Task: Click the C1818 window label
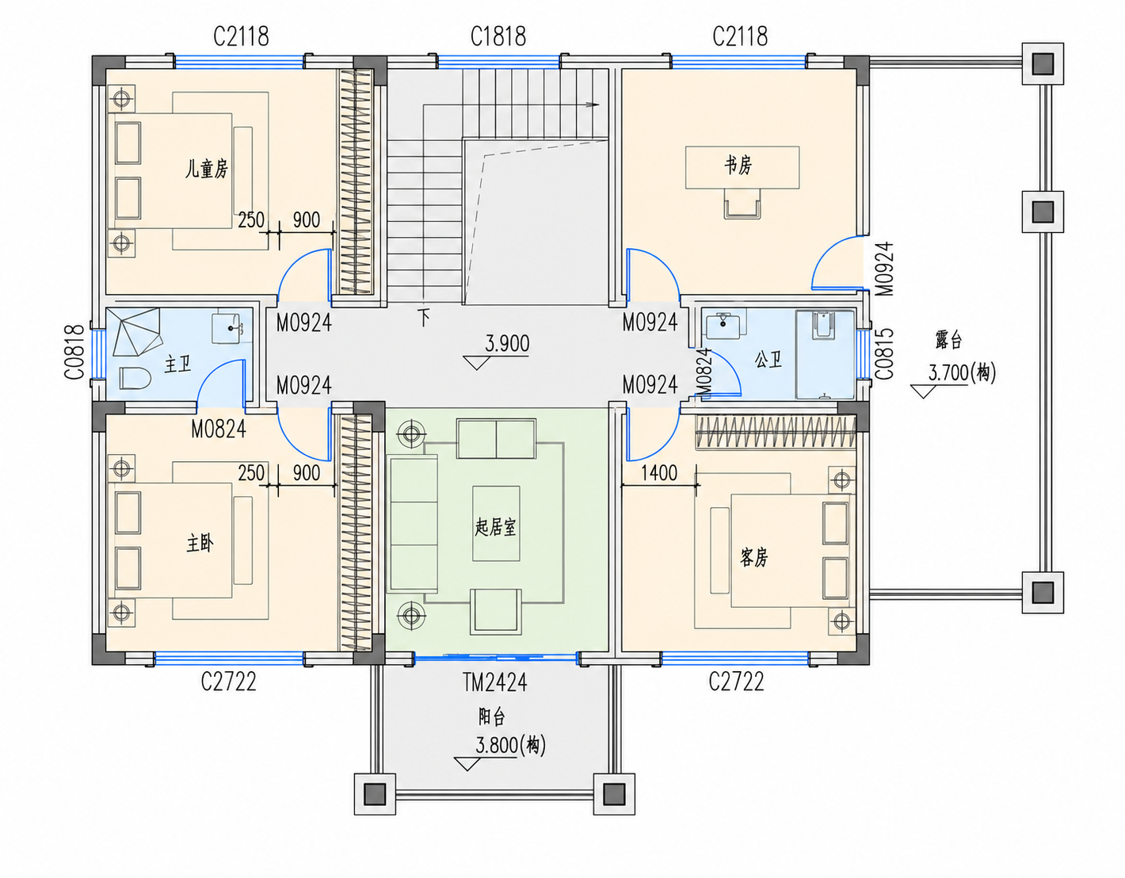pyautogui.click(x=498, y=36)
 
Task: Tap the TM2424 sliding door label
pyautogui.click(x=495, y=682)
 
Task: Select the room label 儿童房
pyautogui.click(x=207, y=169)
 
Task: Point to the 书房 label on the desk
pyautogui.click(x=738, y=166)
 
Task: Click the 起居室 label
pyautogui.click(x=495, y=528)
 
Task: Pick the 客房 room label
pyautogui.click(x=753, y=558)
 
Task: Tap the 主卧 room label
pyautogui.click(x=200, y=544)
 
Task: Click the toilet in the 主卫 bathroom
pyautogui.click(x=135, y=378)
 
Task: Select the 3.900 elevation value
pyautogui.click(x=507, y=343)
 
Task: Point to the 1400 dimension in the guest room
pyautogui.click(x=659, y=472)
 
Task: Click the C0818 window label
pyautogui.click(x=75, y=352)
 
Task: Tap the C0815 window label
pyautogui.click(x=885, y=354)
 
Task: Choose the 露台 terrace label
pyautogui.click(x=948, y=341)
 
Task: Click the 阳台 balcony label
pyautogui.click(x=491, y=717)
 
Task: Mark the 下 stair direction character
pyautogui.click(x=424, y=317)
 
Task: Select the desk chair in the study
pyautogui.click(x=742, y=204)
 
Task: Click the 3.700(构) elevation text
pyautogui.click(x=962, y=372)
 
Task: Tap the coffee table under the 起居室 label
pyautogui.click(x=496, y=523)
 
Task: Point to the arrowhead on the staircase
pyautogui.click(x=593, y=105)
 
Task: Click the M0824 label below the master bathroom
pyautogui.click(x=219, y=429)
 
